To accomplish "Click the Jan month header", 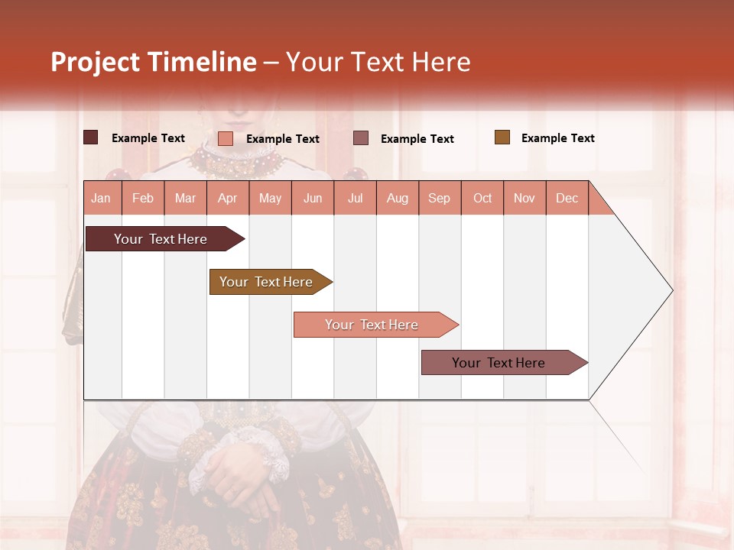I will pyautogui.click(x=101, y=198).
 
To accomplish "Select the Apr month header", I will pyautogui.click(x=228, y=198).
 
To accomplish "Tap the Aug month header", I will pyautogui.click(x=398, y=198).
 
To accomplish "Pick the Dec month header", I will pyautogui.click(x=567, y=198).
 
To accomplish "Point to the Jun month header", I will pyautogui.click(x=313, y=198).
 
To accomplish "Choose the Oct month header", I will pyautogui.click(x=482, y=198).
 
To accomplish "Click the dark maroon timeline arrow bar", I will pyautogui.click(x=161, y=239).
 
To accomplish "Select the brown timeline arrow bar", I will pyautogui.click(x=267, y=282).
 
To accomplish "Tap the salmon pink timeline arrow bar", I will pyautogui.click(x=372, y=325).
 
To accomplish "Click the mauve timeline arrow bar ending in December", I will pyautogui.click(x=499, y=363).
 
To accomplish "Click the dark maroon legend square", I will pyautogui.click(x=91, y=137).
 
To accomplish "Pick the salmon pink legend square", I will pyautogui.click(x=226, y=138).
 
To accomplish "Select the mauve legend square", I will pyautogui.click(x=361, y=137).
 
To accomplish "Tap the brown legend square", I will pyautogui.click(x=502, y=137).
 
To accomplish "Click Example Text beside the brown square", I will pyautogui.click(x=557, y=138).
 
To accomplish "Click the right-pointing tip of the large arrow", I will pyautogui.click(x=671, y=290).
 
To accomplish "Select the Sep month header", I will pyautogui.click(x=439, y=198).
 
